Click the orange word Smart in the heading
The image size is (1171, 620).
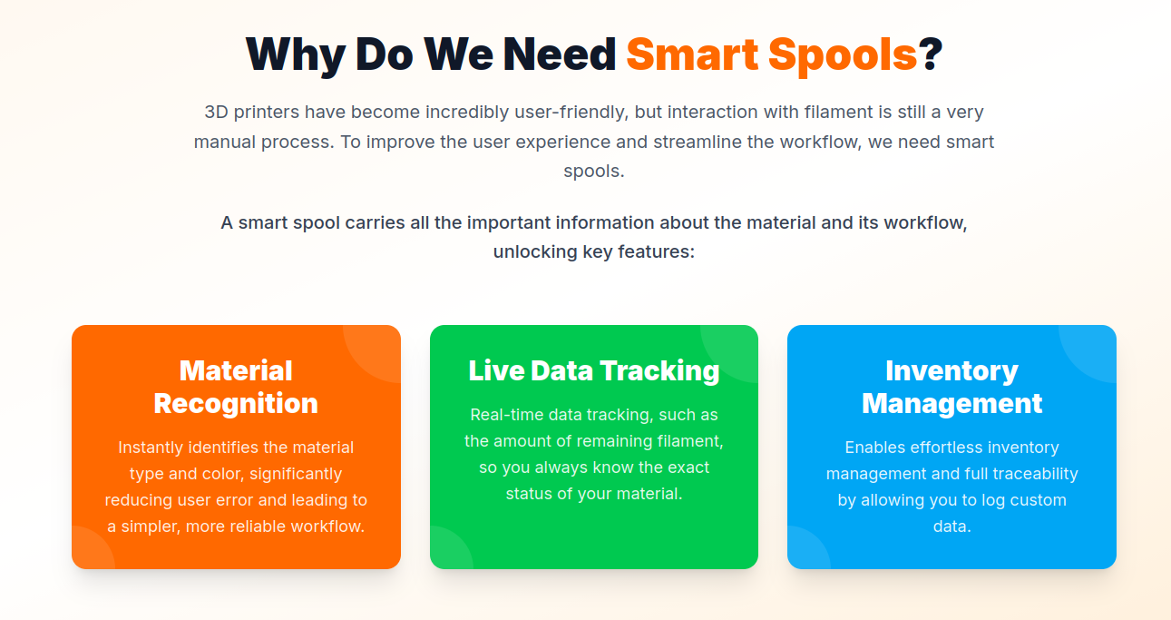pos(692,54)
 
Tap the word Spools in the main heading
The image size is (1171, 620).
pos(843,56)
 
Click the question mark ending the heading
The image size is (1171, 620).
pos(931,54)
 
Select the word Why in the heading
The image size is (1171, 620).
pos(296,56)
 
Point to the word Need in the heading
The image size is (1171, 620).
pos(560,54)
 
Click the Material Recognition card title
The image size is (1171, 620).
pos(236,388)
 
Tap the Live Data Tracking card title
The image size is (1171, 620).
pos(594,371)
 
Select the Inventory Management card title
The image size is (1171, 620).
pos(952,388)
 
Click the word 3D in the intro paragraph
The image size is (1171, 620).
pos(216,112)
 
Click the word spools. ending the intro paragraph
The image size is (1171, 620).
pos(594,171)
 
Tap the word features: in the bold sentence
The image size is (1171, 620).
pos(657,251)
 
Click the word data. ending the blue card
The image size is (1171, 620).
pos(952,526)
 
